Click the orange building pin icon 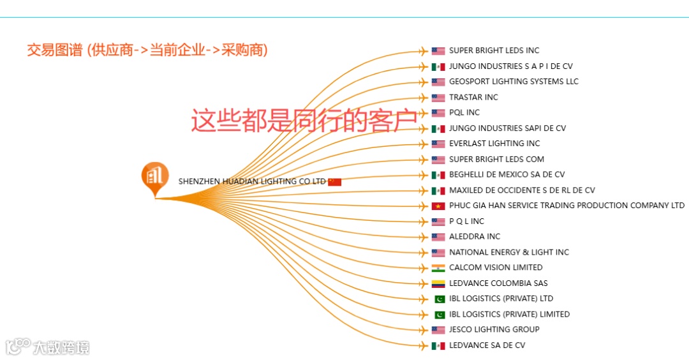tap(155, 177)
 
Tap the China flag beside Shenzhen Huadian tap(335, 182)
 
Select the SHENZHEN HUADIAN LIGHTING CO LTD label tap(252, 182)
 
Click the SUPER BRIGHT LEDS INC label tap(494, 50)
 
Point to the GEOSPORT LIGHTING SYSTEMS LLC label tap(514, 82)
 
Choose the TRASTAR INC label tap(473, 97)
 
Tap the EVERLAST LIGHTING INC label tap(494, 144)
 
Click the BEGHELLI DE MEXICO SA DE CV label tap(507, 174)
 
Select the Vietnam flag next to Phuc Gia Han tap(438, 206)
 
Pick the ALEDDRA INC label tap(475, 237)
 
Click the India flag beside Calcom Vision tap(438, 268)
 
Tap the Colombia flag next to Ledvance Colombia tap(438, 283)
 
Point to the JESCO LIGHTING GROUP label tap(494, 330)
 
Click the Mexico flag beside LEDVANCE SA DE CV tap(438, 345)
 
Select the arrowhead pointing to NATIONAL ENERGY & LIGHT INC tap(423, 253)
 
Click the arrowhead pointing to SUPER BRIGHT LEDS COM tap(423, 160)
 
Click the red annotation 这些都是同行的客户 tap(304, 121)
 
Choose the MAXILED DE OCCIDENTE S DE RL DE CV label tap(522, 190)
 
